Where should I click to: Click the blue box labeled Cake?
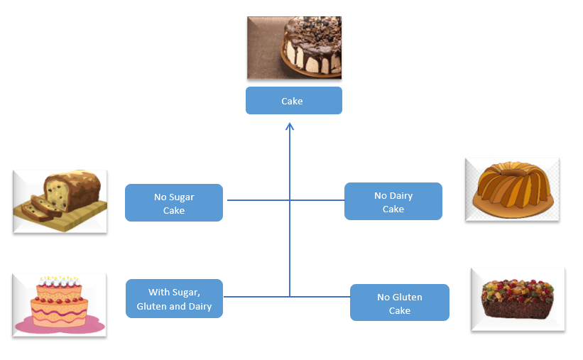click(293, 101)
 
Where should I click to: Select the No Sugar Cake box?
click(174, 203)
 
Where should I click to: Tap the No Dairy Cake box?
click(393, 202)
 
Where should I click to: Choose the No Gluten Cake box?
click(399, 302)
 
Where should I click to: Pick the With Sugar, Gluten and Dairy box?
click(174, 298)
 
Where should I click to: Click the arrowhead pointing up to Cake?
click(290, 127)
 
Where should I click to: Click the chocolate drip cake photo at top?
click(294, 48)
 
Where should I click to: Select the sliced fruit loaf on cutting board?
click(60, 201)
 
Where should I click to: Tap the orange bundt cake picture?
click(512, 189)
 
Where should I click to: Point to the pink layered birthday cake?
click(60, 305)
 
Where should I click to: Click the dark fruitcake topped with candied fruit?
click(517, 299)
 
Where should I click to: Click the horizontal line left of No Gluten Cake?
click(320, 296)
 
